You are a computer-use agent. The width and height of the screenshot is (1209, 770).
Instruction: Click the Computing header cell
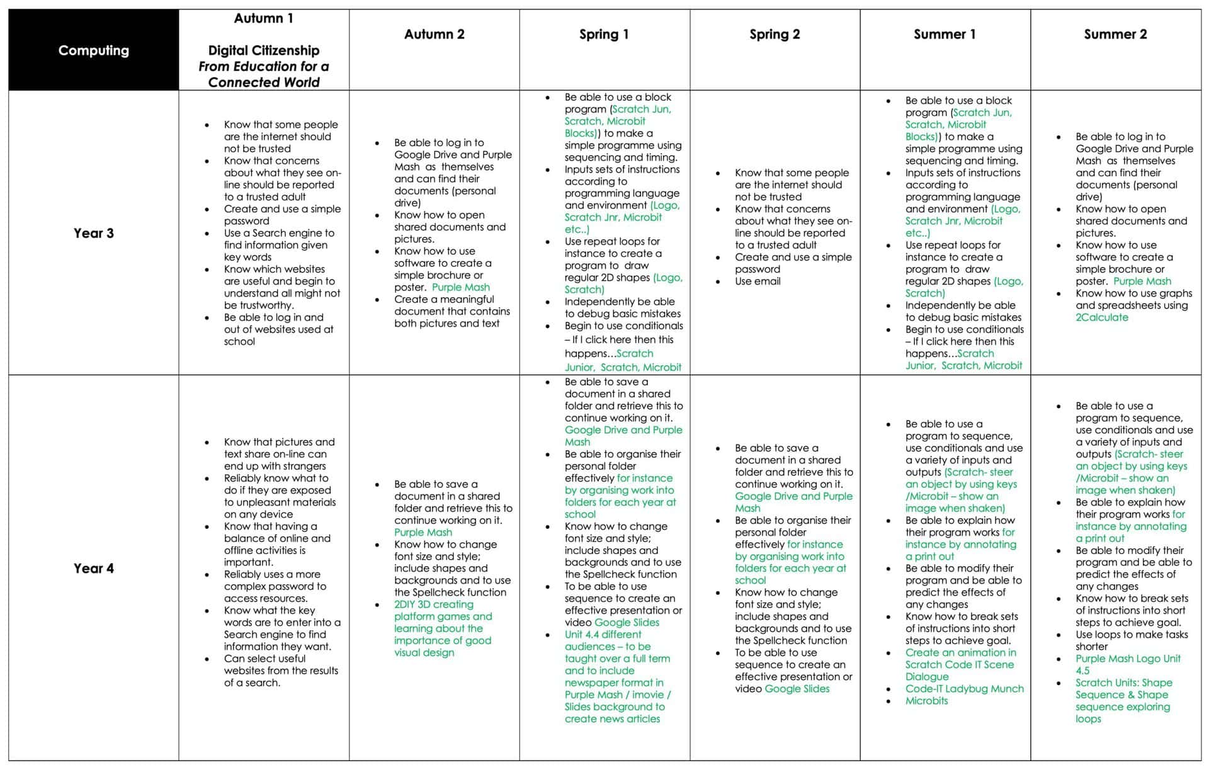point(93,50)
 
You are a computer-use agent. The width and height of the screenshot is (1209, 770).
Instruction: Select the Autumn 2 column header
point(434,35)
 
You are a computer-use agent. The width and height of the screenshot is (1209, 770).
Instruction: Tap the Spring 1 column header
point(604,35)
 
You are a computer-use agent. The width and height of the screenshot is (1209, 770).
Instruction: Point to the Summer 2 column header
point(1115,35)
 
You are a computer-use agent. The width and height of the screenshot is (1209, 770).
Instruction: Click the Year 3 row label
point(93,233)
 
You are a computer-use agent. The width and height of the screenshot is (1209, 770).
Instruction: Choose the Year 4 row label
point(93,568)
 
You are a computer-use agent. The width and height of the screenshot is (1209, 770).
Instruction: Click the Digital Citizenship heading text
point(263,50)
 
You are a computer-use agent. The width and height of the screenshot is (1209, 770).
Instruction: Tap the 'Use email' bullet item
point(757,281)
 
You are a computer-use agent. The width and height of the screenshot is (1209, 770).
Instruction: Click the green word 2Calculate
point(1101,317)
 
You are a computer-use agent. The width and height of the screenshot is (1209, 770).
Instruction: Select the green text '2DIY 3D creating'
point(433,604)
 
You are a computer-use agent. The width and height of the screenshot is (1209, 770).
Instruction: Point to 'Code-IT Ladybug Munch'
point(964,689)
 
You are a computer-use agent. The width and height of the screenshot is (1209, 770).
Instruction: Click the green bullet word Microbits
point(926,701)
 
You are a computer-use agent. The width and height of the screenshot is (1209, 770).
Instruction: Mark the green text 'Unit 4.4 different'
point(603,635)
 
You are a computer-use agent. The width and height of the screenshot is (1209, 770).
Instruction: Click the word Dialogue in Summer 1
point(927,677)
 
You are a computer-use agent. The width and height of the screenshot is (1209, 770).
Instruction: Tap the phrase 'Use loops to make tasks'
point(1132,635)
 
